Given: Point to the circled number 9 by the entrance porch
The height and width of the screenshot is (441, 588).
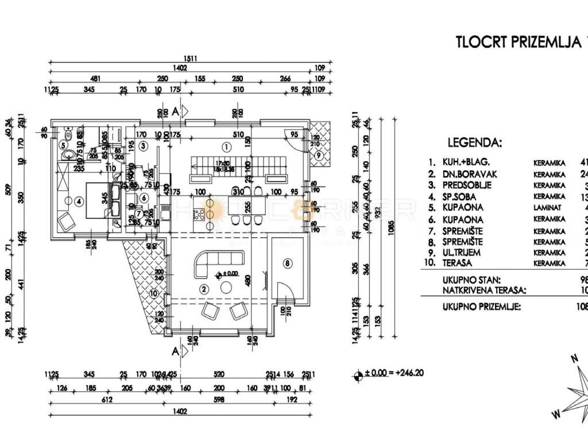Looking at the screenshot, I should [x=319, y=155].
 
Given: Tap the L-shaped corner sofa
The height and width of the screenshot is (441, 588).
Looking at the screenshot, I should [x=207, y=262].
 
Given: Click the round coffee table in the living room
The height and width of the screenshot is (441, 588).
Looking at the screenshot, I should [x=227, y=287].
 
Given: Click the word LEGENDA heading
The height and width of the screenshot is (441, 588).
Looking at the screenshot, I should [x=474, y=142].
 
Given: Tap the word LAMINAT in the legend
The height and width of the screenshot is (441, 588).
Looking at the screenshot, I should [x=549, y=207].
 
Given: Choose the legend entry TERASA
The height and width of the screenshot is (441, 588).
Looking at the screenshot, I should [x=458, y=262].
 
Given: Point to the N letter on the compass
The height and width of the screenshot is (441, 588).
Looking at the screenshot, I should [x=573, y=358].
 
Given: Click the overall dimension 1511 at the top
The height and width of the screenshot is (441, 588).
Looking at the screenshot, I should [x=189, y=58].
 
